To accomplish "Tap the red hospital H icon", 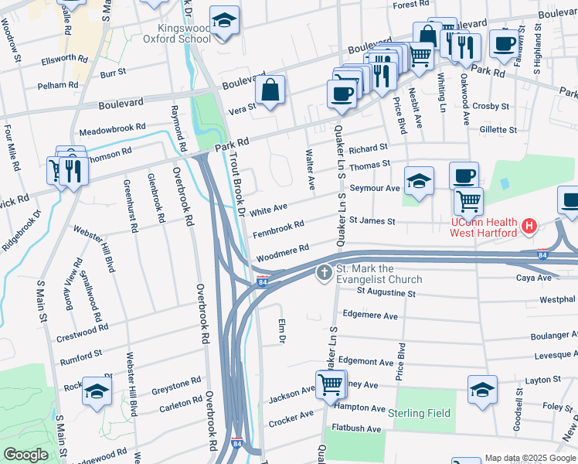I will point(529,227).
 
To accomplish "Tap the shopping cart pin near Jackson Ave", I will point(330,384).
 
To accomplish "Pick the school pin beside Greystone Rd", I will point(97,391).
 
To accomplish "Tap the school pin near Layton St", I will point(482,391).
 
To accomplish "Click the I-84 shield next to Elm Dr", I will point(263,280).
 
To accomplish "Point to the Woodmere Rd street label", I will point(282,251).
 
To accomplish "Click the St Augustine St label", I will point(386,293).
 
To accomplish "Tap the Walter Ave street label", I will point(311,170).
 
